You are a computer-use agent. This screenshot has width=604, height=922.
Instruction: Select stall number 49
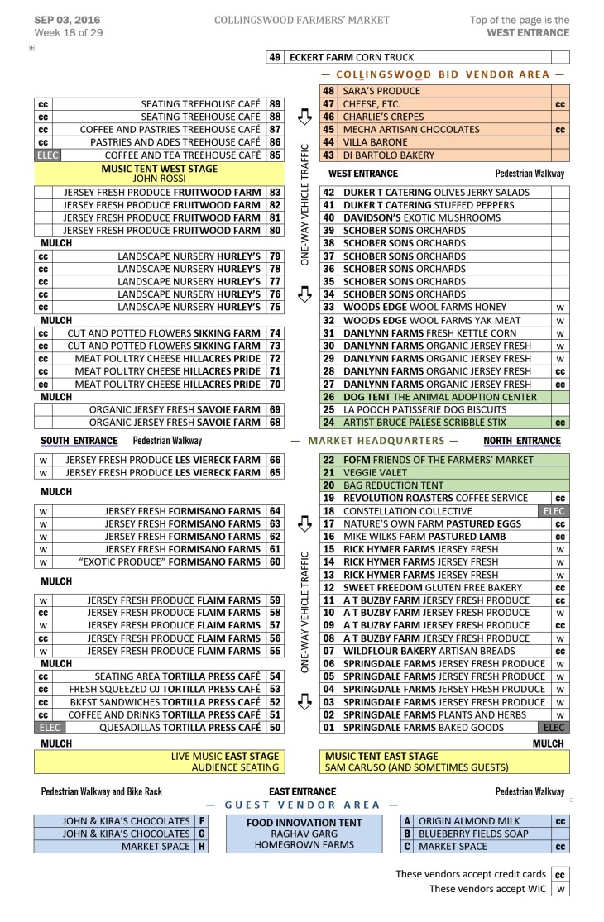(x=275, y=58)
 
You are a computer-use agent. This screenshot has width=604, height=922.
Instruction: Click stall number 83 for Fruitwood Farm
(x=275, y=193)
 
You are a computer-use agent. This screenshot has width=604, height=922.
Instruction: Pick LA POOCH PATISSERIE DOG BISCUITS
(x=420, y=409)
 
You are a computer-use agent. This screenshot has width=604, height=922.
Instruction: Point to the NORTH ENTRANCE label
(x=522, y=441)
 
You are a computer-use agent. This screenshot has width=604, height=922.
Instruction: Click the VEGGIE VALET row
(x=374, y=473)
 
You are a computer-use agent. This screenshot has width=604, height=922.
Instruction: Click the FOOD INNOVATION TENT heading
(x=304, y=823)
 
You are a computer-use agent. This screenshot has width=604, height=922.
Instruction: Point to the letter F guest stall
(x=200, y=821)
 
